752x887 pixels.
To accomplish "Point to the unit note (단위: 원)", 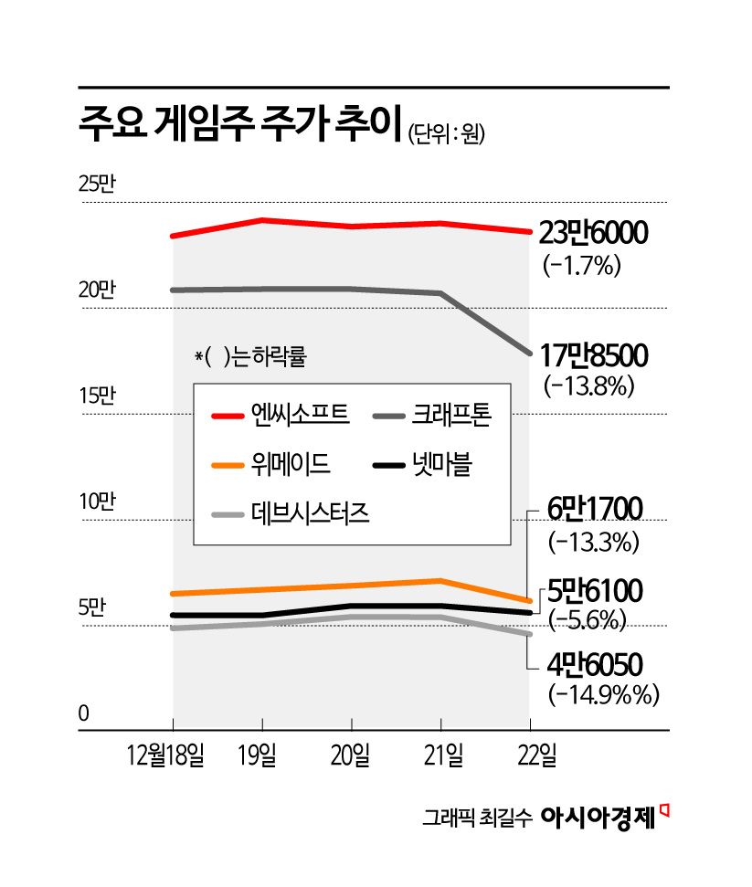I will point(445,134).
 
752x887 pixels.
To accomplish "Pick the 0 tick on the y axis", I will point(83,713).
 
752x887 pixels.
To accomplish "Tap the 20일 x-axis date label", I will point(351,756).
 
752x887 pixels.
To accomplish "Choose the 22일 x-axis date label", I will point(530,756).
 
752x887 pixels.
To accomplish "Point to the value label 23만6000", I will point(593,235).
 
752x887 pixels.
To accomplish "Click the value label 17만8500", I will point(593,354).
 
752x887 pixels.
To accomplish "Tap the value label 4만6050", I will point(595,663).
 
